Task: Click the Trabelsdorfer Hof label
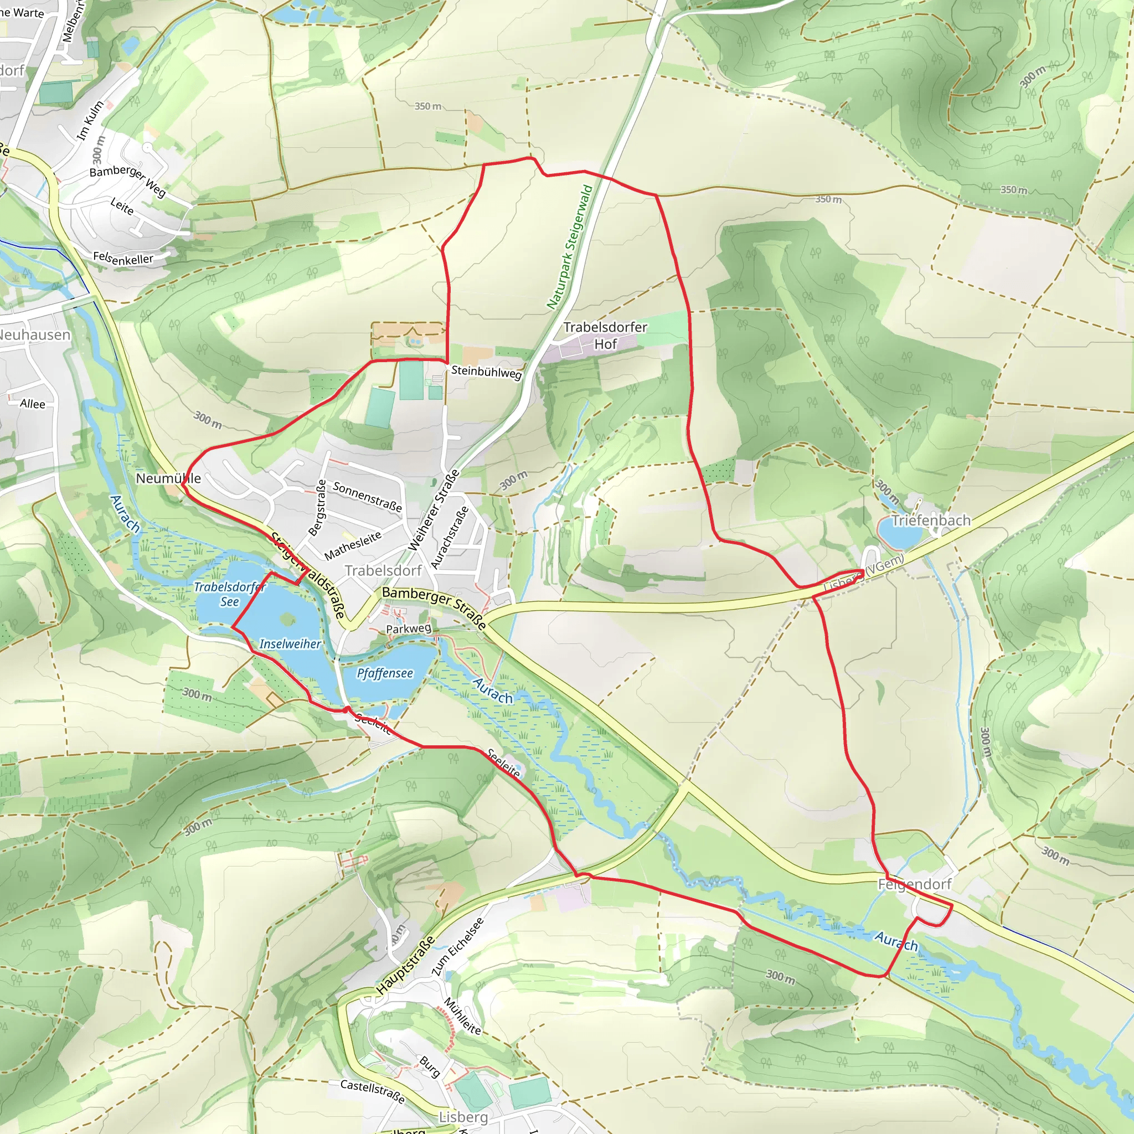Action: pyautogui.click(x=605, y=335)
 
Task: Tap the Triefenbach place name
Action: pyautogui.click(x=931, y=520)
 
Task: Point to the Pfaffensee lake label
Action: pyautogui.click(x=384, y=673)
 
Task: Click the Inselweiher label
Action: pyautogui.click(x=290, y=644)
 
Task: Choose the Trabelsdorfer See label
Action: pyautogui.click(x=229, y=594)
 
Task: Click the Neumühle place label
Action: pyautogui.click(x=168, y=478)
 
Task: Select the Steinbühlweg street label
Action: pyautogui.click(x=486, y=372)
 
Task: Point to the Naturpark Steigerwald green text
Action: pyautogui.click(x=569, y=247)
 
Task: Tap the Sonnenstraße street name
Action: pyautogui.click(x=368, y=496)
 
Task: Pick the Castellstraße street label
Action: pyautogui.click(x=372, y=1091)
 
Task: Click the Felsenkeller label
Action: pyautogui.click(x=123, y=258)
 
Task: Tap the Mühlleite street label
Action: pyautogui.click(x=462, y=1016)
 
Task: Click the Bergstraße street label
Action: pyautogui.click(x=317, y=508)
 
